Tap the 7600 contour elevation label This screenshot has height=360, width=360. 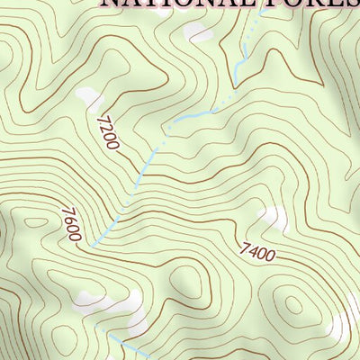(73, 225)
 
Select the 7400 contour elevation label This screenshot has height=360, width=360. (257, 252)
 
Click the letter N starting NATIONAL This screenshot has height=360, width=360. (109, 4)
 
